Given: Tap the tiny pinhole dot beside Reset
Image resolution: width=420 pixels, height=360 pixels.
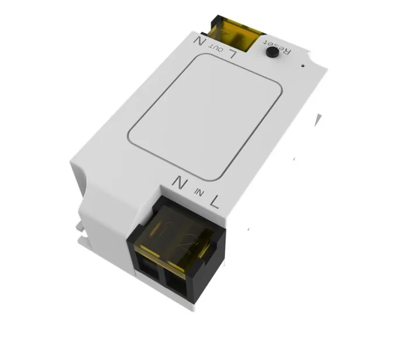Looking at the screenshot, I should pyautogui.click(x=303, y=64).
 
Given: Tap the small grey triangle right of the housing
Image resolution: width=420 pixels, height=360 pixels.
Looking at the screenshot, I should pyautogui.click(x=318, y=120).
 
